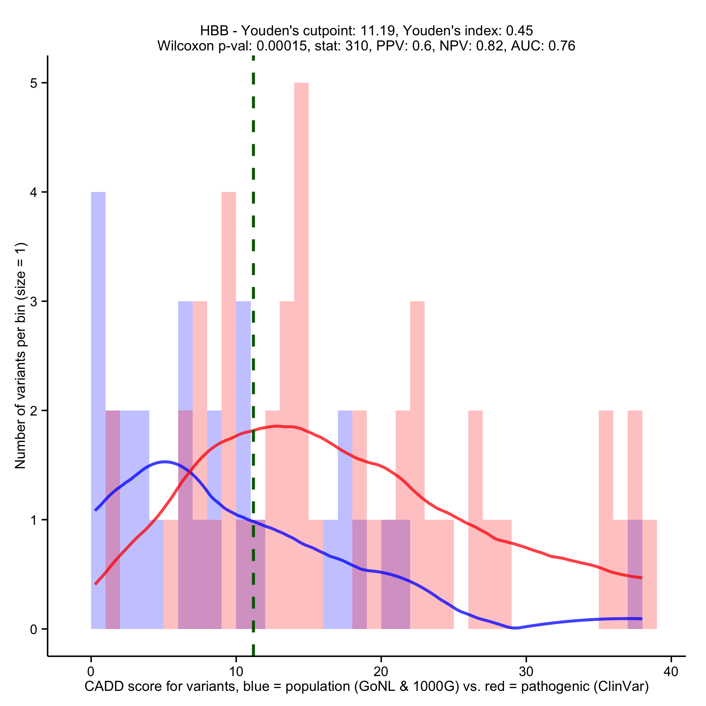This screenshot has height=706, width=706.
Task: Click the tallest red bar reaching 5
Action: (x=301, y=256)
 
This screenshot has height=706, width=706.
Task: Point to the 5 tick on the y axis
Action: (x=45, y=83)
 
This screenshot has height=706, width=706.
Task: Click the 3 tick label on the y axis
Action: (x=34, y=302)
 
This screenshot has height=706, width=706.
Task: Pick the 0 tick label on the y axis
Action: (x=34, y=629)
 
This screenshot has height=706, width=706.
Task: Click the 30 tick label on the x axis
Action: (x=526, y=672)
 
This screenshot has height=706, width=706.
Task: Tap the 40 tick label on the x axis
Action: (x=671, y=672)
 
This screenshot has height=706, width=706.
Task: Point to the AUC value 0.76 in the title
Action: (x=562, y=46)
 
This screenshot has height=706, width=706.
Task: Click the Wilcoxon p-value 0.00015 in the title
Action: (x=281, y=46)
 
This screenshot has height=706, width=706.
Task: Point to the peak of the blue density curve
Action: (x=165, y=462)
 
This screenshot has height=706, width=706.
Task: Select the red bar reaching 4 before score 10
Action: (x=229, y=329)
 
